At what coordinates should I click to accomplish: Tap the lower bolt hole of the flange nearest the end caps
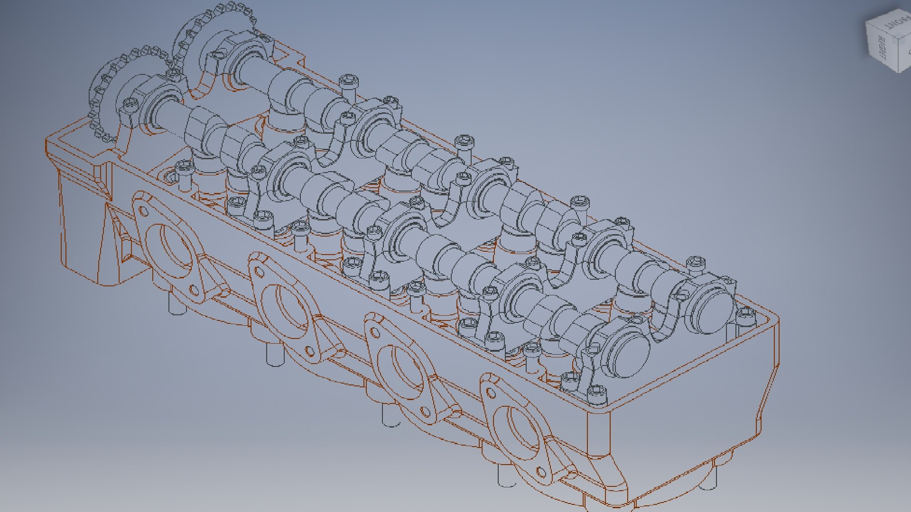[x=541, y=472]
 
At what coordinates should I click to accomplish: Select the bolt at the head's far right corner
[x=745, y=314]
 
